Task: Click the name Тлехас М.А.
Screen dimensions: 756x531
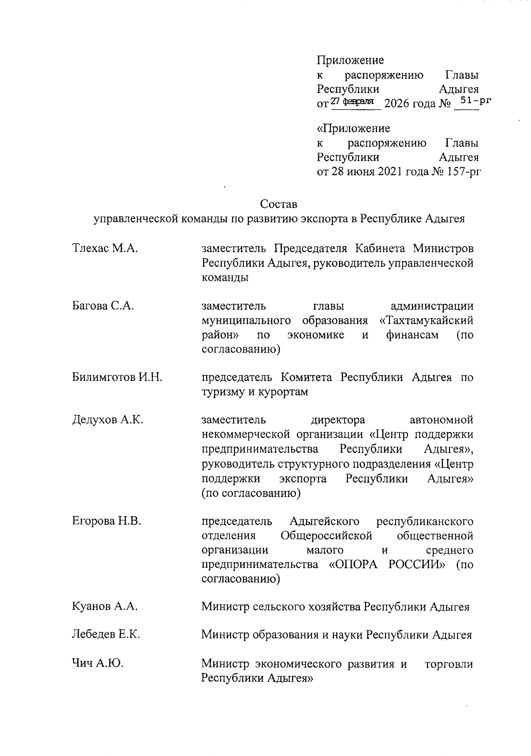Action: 105,249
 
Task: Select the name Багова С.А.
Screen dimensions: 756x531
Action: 103,306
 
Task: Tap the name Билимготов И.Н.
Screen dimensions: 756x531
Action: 117,377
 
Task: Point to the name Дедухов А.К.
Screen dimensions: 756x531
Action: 107,420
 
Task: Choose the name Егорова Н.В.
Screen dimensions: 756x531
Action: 106,521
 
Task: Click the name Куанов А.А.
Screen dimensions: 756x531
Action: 104,606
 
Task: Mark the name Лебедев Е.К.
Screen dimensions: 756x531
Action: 106,635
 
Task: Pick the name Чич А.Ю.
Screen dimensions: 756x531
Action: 97,664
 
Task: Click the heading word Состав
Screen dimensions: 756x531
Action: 279,204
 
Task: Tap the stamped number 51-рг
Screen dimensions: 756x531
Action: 476,100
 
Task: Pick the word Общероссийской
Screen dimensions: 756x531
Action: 326,536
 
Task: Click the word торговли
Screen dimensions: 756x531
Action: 449,664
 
